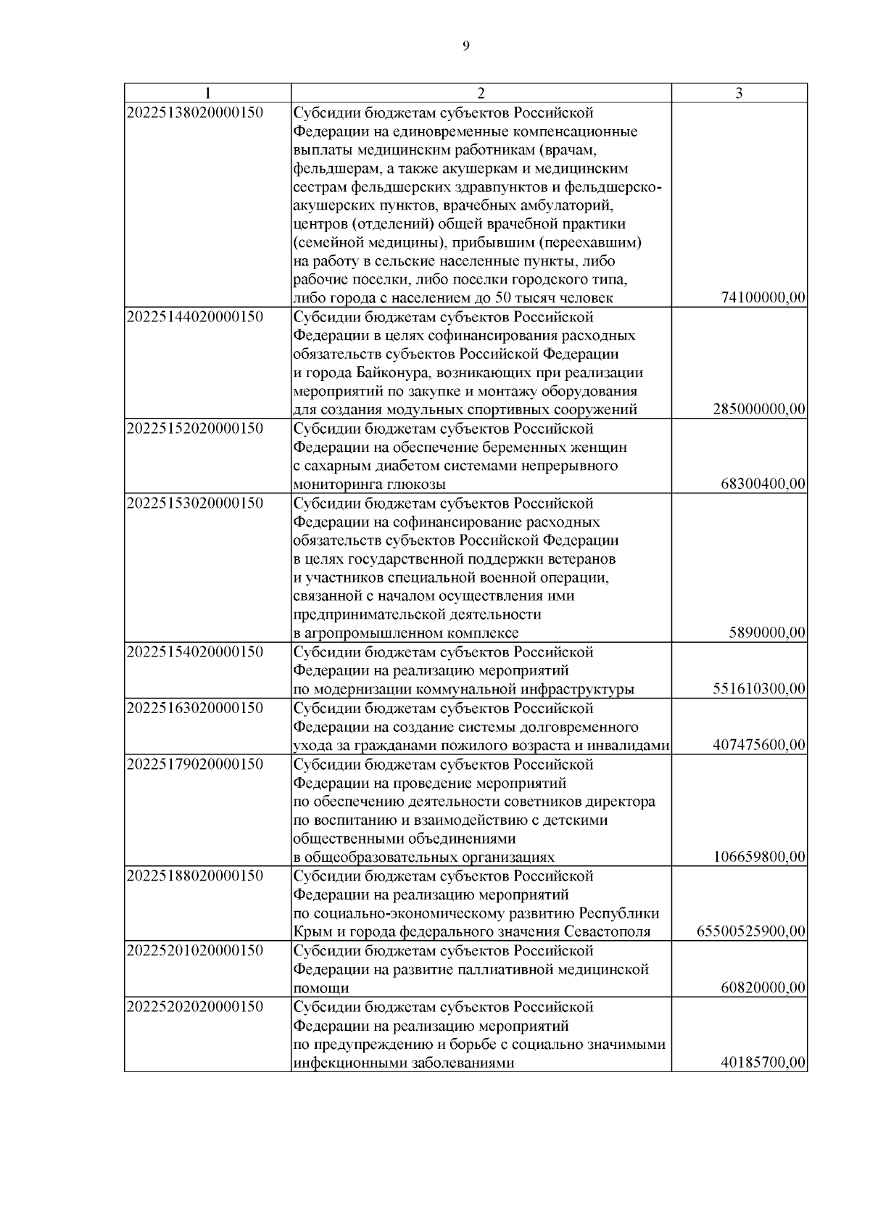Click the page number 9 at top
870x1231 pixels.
[x=465, y=46]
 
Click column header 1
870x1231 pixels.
[x=207, y=93]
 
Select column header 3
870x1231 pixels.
[x=739, y=93]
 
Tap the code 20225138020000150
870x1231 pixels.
[x=195, y=112]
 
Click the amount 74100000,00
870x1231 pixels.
[x=763, y=298]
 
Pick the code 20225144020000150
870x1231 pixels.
[x=195, y=317]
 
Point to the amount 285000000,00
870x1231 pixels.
[x=759, y=410]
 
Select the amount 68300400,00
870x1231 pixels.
[x=763, y=485]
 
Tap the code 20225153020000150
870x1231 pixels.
[x=195, y=503]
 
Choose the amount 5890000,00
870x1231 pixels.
[x=767, y=633]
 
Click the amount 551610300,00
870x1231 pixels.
[x=759, y=689]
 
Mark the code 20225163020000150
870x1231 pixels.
[x=195, y=708]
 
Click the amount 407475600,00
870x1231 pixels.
[x=759, y=745]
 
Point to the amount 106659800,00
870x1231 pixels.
[x=759, y=857]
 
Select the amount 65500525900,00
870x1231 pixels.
[x=751, y=931]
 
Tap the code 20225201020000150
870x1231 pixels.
[x=195, y=950]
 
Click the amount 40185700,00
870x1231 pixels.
[x=763, y=1063]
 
